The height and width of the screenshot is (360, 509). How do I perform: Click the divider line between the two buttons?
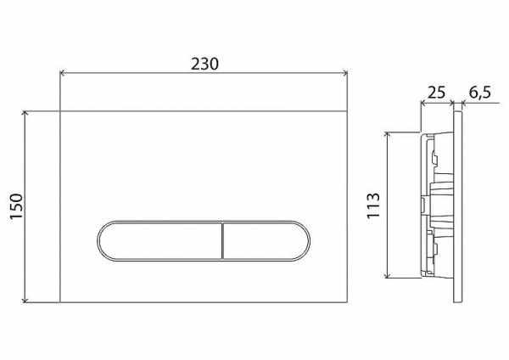tap(222, 240)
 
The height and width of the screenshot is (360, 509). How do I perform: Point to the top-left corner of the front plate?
tap(60, 110)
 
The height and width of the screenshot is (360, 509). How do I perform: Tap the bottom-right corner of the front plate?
tap(350, 303)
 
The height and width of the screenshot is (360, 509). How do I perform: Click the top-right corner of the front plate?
tap(350, 110)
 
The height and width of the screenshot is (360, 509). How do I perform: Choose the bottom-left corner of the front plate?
tap(60, 303)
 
